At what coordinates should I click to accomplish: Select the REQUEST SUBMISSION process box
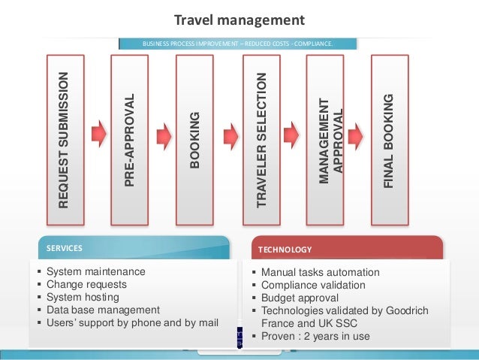[x=68, y=138]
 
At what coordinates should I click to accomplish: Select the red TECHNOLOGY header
[x=345, y=249]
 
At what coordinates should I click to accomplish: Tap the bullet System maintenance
[x=95, y=271]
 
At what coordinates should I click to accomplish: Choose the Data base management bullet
[x=103, y=310]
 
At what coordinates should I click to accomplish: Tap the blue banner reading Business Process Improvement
[x=237, y=44]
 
